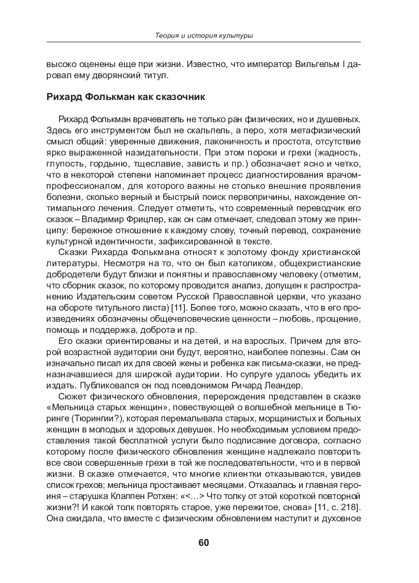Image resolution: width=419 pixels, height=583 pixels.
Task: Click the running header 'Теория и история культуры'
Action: [x=204, y=36]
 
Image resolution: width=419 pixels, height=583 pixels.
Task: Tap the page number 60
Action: [x=204, y=542]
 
